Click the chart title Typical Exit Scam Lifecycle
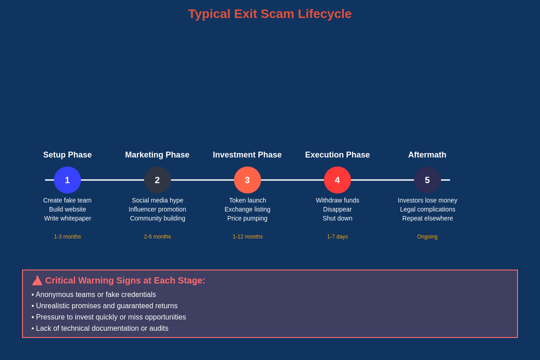point(270,14)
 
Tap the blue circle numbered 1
point(67,180)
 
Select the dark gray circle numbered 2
point(157,180)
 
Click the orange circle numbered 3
point(247,180)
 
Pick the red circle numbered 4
point(337,180)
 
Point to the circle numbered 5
point(427,180)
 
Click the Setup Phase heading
point(67,155)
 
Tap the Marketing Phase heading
point(157,155)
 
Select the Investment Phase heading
point(247,155)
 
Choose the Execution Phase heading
point(337,155)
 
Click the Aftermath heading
point(427,155)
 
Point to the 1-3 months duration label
point(67,237)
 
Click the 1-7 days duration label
point(337,237)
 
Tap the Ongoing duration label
point(427,237)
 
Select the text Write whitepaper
point(67,218)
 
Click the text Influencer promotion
point(157,209)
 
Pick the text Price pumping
point(247,218)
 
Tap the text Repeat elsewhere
point(427,218)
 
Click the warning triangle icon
point(37,280)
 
